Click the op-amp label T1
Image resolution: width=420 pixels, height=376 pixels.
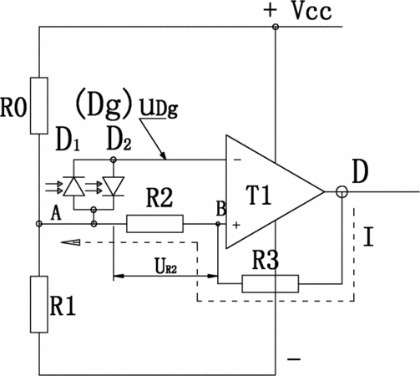259,195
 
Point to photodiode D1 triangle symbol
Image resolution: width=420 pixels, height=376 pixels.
74,186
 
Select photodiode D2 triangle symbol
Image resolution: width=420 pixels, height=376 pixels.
113,186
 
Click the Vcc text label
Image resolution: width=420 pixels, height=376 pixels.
312,11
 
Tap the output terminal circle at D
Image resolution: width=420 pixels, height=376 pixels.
342,192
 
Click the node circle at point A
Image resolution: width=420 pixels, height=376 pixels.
39,224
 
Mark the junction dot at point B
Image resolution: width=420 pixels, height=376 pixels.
218,224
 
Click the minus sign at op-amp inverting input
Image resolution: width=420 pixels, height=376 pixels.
237,160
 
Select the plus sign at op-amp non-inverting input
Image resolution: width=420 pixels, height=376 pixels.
236,225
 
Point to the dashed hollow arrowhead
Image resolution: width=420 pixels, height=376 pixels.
70,242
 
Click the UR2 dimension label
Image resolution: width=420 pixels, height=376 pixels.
165,266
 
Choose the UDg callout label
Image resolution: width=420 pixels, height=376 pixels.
159,109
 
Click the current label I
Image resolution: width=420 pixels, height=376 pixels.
368,236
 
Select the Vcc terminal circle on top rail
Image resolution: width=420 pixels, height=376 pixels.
276,27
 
